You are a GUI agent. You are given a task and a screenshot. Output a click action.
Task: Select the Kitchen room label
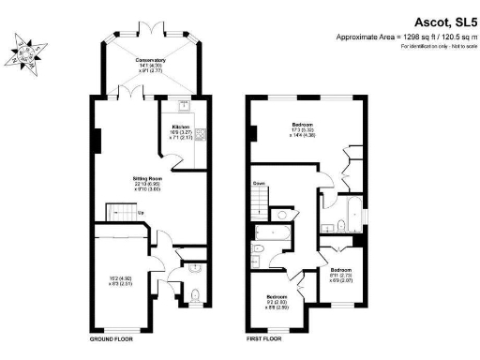181,127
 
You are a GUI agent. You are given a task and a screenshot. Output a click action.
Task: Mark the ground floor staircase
118,213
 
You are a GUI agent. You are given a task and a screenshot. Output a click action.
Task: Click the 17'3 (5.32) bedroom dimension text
301,131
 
